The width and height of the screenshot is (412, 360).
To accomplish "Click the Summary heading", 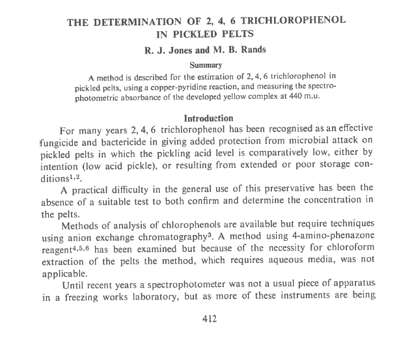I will pos(206,65).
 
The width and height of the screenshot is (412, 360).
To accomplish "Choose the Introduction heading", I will pos(208,118).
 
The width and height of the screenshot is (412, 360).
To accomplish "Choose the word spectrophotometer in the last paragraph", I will pos(204,284).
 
